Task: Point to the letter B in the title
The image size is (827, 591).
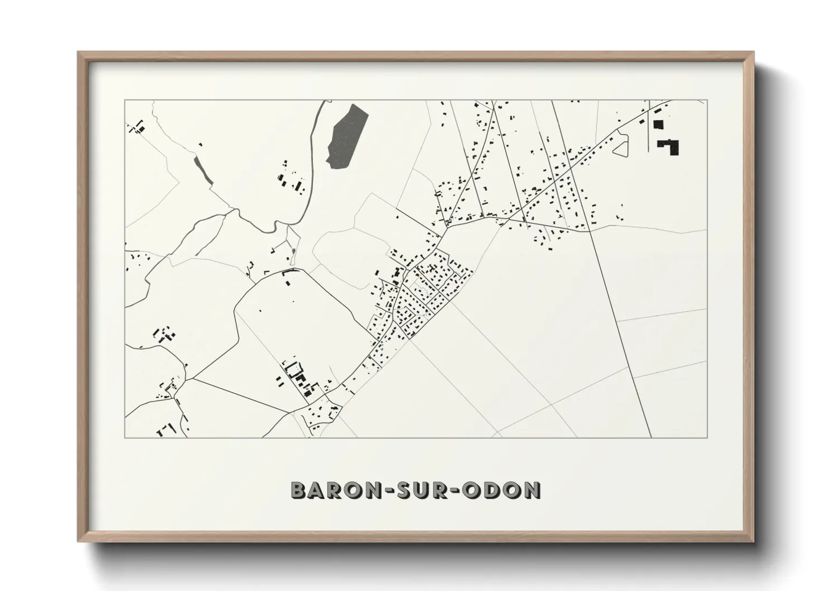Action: tap(298, 490)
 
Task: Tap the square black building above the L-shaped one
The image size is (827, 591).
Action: tap(658, 125)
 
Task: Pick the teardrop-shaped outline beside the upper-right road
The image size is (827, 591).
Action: tap(620, 147)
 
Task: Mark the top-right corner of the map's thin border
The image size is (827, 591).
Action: tap(707, 101)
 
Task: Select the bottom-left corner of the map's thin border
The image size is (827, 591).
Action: tap(125, 437)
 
